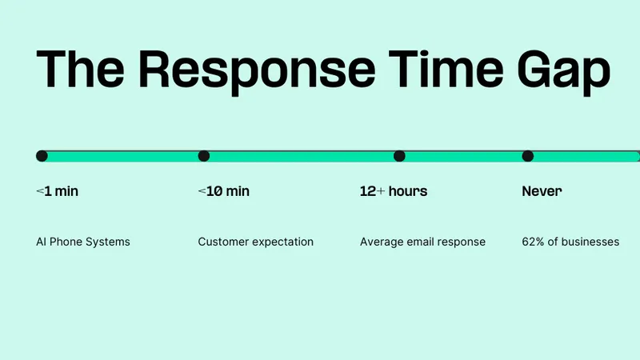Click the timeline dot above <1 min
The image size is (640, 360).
(x=42, y=156)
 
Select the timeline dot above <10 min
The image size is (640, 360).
(x=204, y=156)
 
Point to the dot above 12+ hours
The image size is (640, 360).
(x=399, y=156)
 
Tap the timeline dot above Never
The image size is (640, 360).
(x=528, y=156)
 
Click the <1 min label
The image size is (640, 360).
(x=57, y=191)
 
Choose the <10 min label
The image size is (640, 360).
(x=223, y=191)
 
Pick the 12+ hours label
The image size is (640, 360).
(x=394, y=191)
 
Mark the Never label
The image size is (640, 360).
(x=542, y=191)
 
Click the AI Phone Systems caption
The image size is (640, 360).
(x=83, y=242)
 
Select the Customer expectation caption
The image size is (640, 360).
(x=256, y=242)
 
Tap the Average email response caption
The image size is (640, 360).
(x=422, y=242)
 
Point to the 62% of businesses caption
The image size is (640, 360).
(x=570, y=242)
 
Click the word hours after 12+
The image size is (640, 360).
(x=408, y=191)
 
